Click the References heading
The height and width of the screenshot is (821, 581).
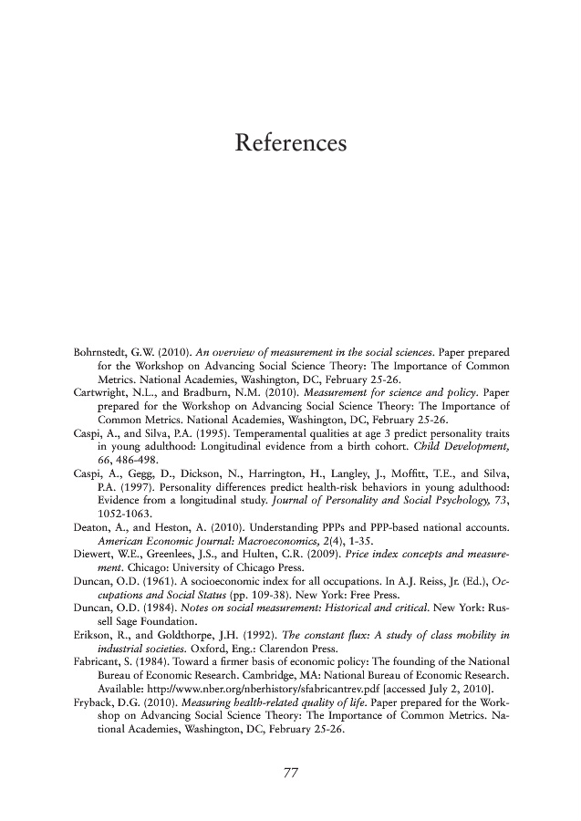290,144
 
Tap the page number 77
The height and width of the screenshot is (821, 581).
290,774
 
